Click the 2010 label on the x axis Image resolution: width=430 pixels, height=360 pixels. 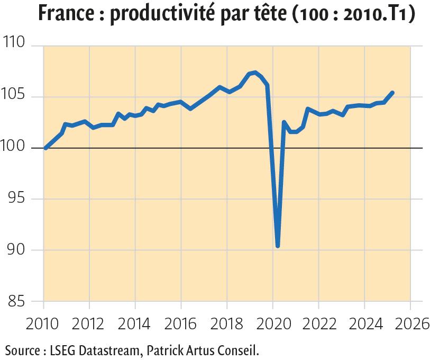pyautogui.click(x=43, y=322)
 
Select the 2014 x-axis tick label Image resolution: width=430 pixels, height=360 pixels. pyautogui.click(x=135, y=322)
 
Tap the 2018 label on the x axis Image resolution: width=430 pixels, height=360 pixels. pyautogui.click(x=226, y=322)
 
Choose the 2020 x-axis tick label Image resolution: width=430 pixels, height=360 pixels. pyautogui.click(x=272, y=322)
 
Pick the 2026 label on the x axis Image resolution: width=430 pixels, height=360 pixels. pyautogui.click(x=410, y=322)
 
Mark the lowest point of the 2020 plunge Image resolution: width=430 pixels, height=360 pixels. pyautogui.click(x=278, y=246)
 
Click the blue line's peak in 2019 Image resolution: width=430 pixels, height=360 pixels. pyautogui.click(x=255, y=73)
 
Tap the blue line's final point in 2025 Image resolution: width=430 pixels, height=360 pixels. pyautogui.click(x=392, y=93)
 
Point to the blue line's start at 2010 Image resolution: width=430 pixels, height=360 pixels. pyautogui.click(x=45, y=148)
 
